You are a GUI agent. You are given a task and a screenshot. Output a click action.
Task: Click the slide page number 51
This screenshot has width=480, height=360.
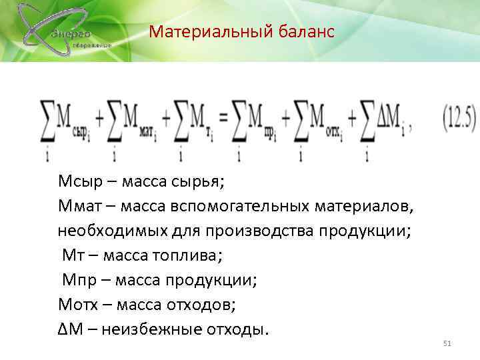point(447,343)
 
